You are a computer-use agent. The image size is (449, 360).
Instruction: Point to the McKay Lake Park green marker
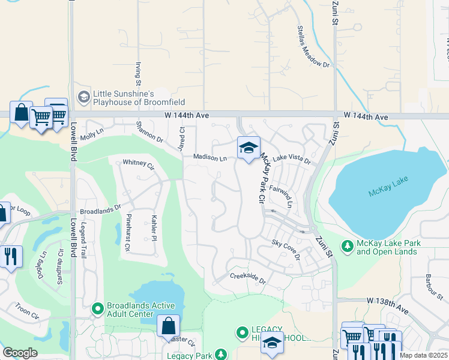coord(347,246)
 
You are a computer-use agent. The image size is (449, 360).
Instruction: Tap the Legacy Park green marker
coord(221,355)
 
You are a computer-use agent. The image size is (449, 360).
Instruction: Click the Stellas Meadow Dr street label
coord(313,47)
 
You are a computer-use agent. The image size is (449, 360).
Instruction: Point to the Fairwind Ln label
coord(280,196)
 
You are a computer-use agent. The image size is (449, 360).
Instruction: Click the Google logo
coord(20,352)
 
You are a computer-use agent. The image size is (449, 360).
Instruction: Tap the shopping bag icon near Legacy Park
coord(169,326)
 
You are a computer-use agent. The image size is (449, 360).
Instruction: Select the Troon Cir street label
coord(27,310)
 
